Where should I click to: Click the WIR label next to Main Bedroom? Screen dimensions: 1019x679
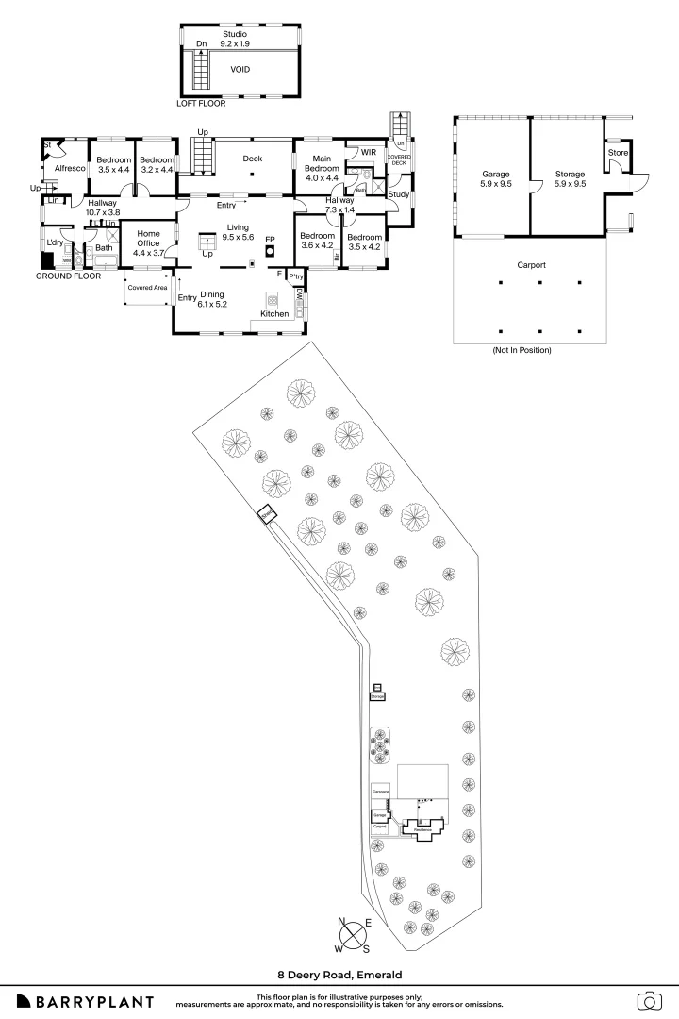pos(369,152)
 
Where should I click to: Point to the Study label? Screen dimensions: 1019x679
pos(398,196)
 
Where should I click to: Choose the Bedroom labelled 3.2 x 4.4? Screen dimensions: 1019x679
pos(157,165)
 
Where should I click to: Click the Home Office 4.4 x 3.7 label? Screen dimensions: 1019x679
pos(149,242)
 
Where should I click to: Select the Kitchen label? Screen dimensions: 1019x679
pos(274,313)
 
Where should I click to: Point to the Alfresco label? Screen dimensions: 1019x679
pos(70,168)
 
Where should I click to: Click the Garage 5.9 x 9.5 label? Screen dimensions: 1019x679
pos(496,179)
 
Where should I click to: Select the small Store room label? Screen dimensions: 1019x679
pos(617,152)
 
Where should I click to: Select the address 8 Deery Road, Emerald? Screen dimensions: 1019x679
pos(339,976)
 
